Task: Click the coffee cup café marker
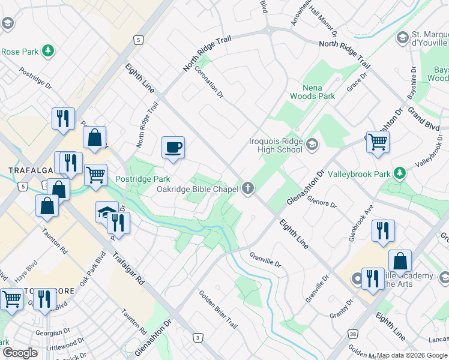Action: point(173,148)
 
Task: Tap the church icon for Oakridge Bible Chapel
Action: point(247,189)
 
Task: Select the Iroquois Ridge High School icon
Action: point(312,144)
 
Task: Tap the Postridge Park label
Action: point(142,179)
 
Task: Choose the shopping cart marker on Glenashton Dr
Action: point(378,142)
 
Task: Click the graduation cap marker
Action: point(106,212)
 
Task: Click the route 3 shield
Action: point(197,338)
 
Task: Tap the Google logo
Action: point(20,352)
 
